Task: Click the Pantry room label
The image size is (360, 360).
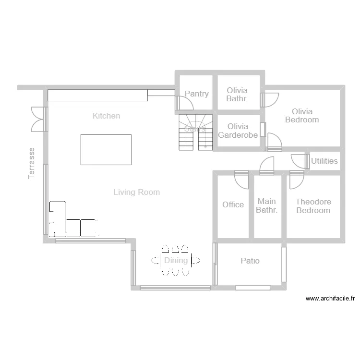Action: click(x=197, y=94)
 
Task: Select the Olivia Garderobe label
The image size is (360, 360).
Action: click(x=238, y=131)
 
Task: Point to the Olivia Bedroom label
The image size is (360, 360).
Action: click(x=302, y=116)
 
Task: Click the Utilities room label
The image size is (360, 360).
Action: click(x=324, y=161)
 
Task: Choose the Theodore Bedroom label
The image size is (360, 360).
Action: click(x=313, y=206)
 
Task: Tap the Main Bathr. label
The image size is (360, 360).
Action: click(x=266, y=205)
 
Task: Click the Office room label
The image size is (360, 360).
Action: click(x=233, y=204)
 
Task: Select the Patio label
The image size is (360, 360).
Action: click(x=250, y=261)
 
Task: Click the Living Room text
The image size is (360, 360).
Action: click(x=137, y=192)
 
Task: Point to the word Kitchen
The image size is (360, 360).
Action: click(x=106, y=116)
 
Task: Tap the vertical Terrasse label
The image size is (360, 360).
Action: click(x=32, y=163)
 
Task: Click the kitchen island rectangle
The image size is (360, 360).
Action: click(x=106, y=150)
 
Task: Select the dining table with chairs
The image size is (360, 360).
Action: click(x=176, y=261)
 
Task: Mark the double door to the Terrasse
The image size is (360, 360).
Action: click(x=38, y=119)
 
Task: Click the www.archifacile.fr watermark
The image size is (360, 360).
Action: click(x=330, y=299)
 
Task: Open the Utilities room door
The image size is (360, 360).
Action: click(x=300, y=161)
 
